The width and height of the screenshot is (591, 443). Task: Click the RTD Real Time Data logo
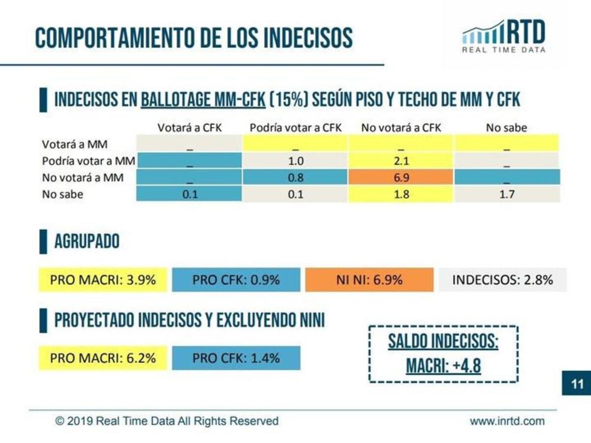point(504,36)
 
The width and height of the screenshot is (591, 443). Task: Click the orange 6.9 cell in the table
point(400,177)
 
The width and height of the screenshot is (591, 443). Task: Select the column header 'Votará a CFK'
point(190,128)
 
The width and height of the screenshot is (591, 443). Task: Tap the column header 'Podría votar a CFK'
point(295,128)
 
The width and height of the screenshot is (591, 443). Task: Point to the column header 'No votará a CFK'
point(401,128)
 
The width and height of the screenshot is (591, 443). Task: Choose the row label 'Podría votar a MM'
point(89,161)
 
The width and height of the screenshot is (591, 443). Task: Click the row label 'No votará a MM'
point(83,177)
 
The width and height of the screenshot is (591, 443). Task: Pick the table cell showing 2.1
point(400,161)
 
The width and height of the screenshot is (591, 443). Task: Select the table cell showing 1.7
point(507,194)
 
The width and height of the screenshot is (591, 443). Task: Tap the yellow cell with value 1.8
point(400,194)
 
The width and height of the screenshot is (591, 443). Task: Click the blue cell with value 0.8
point(295,177)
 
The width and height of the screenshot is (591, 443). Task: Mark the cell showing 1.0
point(295,161)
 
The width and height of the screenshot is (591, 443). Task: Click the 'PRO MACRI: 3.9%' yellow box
point(103,280)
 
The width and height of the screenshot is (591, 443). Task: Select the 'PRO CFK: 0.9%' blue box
point(236,280)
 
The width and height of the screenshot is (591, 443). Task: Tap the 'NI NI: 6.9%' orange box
point(369,280)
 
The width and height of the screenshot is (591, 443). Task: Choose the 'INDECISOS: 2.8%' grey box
point(502,280)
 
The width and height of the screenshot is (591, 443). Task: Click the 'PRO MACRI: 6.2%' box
point(103,358)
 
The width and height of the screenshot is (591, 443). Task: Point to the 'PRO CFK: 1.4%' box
point(236,358)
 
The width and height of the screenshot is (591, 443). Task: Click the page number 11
point(577,383)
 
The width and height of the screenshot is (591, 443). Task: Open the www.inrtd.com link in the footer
point(507,421)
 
